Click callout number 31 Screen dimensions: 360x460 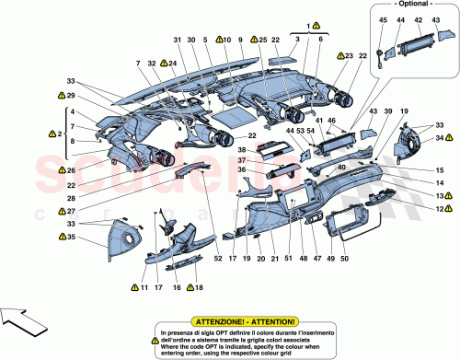(178, 41)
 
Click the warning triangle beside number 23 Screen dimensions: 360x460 (337, 57)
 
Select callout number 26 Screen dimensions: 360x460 (59, 170)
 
